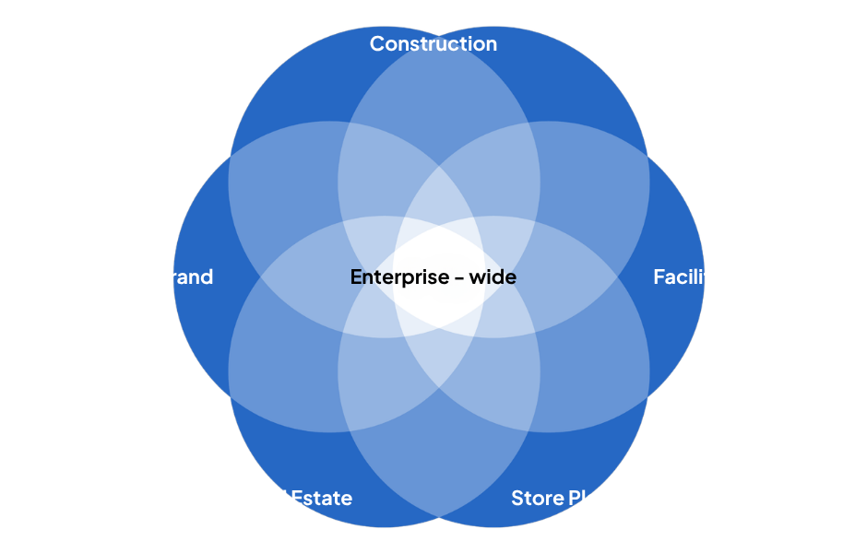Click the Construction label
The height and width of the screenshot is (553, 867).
tap(433, 43)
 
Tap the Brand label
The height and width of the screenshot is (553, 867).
tap(184, 276)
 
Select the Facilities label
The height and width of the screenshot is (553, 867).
tap(695, 276)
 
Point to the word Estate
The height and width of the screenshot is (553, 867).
tap(322, 499)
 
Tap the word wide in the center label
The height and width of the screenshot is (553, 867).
tap(493, 276)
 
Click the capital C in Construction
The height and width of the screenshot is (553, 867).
tap(377, 43)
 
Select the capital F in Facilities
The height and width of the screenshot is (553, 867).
tap(659, 276)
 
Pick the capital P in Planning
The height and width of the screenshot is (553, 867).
tap(574, 499)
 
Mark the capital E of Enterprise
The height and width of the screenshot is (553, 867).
tap(356, 276)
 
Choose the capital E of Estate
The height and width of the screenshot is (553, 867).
tap(297, 499)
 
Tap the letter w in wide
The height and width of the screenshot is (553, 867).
tap(478, 277)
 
